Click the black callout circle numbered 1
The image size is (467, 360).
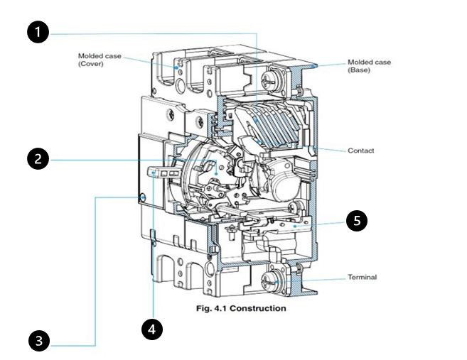(x=38, y=32)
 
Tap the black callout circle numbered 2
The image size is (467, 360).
(x=38, y=159)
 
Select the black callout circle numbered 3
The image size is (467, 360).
(x=39, y=341)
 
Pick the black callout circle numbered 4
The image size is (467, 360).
(x=152, y=329)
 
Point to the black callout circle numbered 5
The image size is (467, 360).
(x=357, y=220)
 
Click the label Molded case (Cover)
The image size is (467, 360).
(x=100, y=60)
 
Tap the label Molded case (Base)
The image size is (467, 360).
(x=370, y=66)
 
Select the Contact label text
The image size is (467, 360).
(x=360, y=151)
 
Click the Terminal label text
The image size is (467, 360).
(x=363, y=277)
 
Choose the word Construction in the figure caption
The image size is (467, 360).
(x=258, y=308)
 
